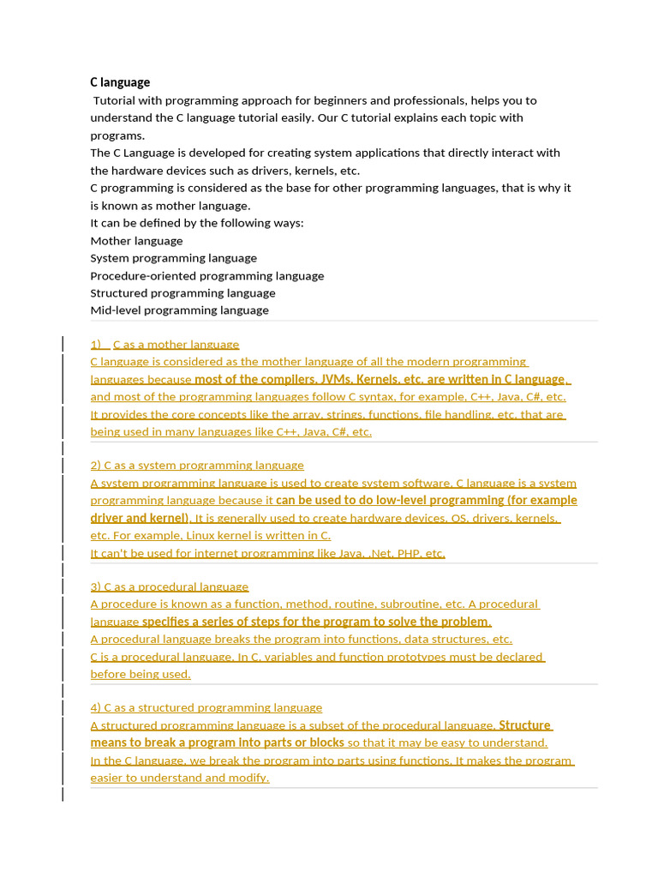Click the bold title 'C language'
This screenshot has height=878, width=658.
[x=120, y=82]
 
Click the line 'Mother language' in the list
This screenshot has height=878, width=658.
[x=136, y=241]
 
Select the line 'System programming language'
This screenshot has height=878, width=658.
[x=173, y=258]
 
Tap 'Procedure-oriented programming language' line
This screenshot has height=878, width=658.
[x=206, y=276]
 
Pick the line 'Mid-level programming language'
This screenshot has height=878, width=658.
[x=179, y=310]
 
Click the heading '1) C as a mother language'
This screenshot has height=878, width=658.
[x=176, y=345]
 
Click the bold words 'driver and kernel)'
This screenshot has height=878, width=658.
[x=140, y=518]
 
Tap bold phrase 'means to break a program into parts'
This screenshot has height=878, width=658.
[x=217, y=743]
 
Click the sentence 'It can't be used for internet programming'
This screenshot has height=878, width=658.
[x=267, y=553]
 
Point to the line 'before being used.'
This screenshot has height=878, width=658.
[x=141, y=674]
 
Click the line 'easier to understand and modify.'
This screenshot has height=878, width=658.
[x=180, y=778]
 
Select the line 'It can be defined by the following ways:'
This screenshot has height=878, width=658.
[x=197, y=223]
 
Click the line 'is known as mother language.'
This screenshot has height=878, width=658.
[x=170, y=206]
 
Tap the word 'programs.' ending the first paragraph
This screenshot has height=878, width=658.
[x=117, y=135]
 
